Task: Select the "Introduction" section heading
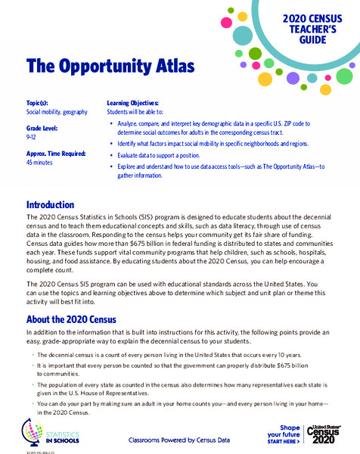(50, 205)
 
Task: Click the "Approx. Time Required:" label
(61, 154)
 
